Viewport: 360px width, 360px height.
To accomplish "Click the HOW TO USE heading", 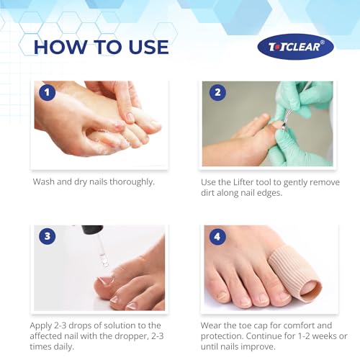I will click(x=101, y=47).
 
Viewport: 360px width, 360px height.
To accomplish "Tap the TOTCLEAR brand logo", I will click(x=295, y=47).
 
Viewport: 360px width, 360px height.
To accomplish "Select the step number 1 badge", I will click(x=47, y=93).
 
